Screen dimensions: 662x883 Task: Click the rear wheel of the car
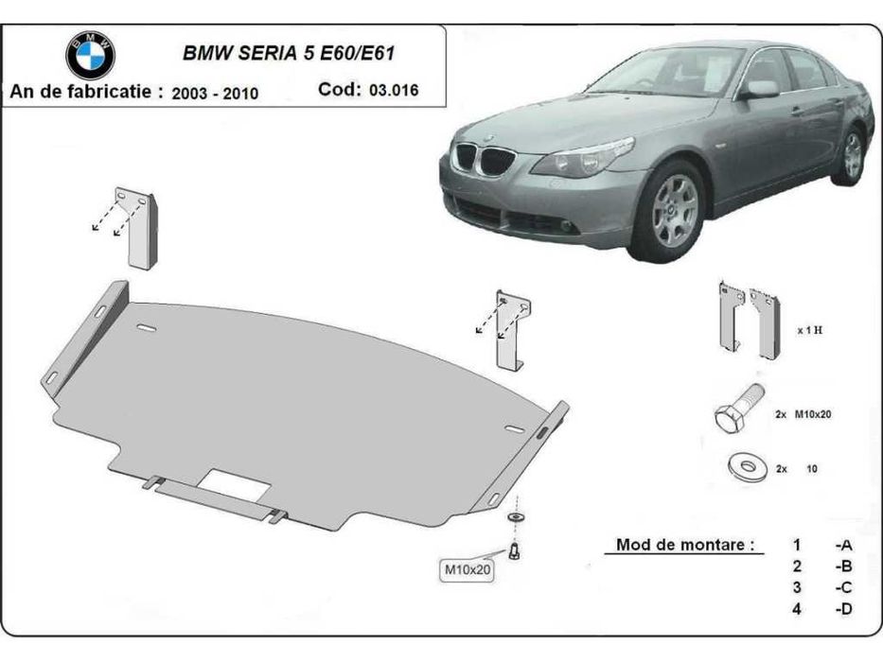[x=852, y=155]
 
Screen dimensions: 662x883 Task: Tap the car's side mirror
[x=759, y=89]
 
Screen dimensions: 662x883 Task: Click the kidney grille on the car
[x=483, y=159]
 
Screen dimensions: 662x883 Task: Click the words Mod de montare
[x=685, y=545]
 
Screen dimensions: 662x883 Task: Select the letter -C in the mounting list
[x=842, y=587]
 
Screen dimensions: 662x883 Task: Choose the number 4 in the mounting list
[x=797, y=608]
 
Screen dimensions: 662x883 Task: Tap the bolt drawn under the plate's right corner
[x=516, y=549]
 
